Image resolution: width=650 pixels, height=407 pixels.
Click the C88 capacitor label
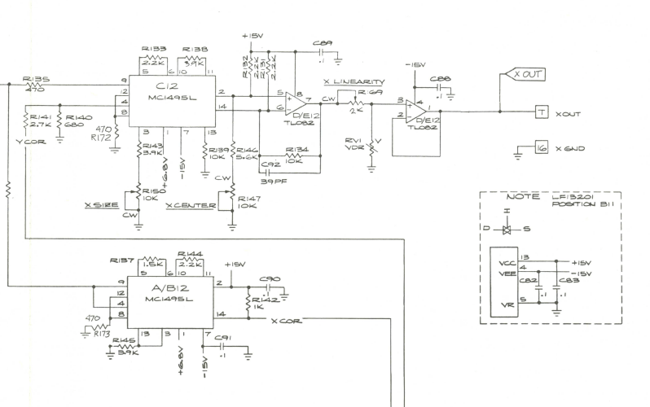(439, 79)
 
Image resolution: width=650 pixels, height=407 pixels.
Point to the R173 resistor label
(101, 334)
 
